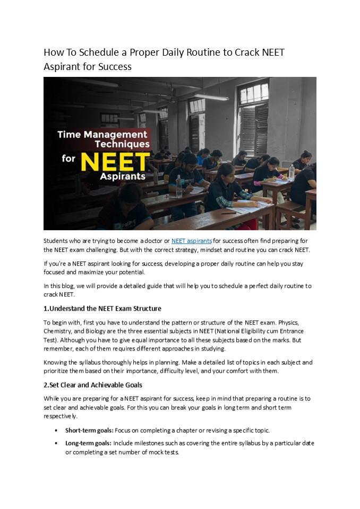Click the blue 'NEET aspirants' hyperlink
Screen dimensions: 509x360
(191, 241)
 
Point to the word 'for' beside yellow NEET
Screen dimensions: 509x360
(67, 158)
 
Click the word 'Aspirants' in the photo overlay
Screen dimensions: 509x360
(122, 175)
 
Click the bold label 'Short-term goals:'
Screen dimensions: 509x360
(88, 430)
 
